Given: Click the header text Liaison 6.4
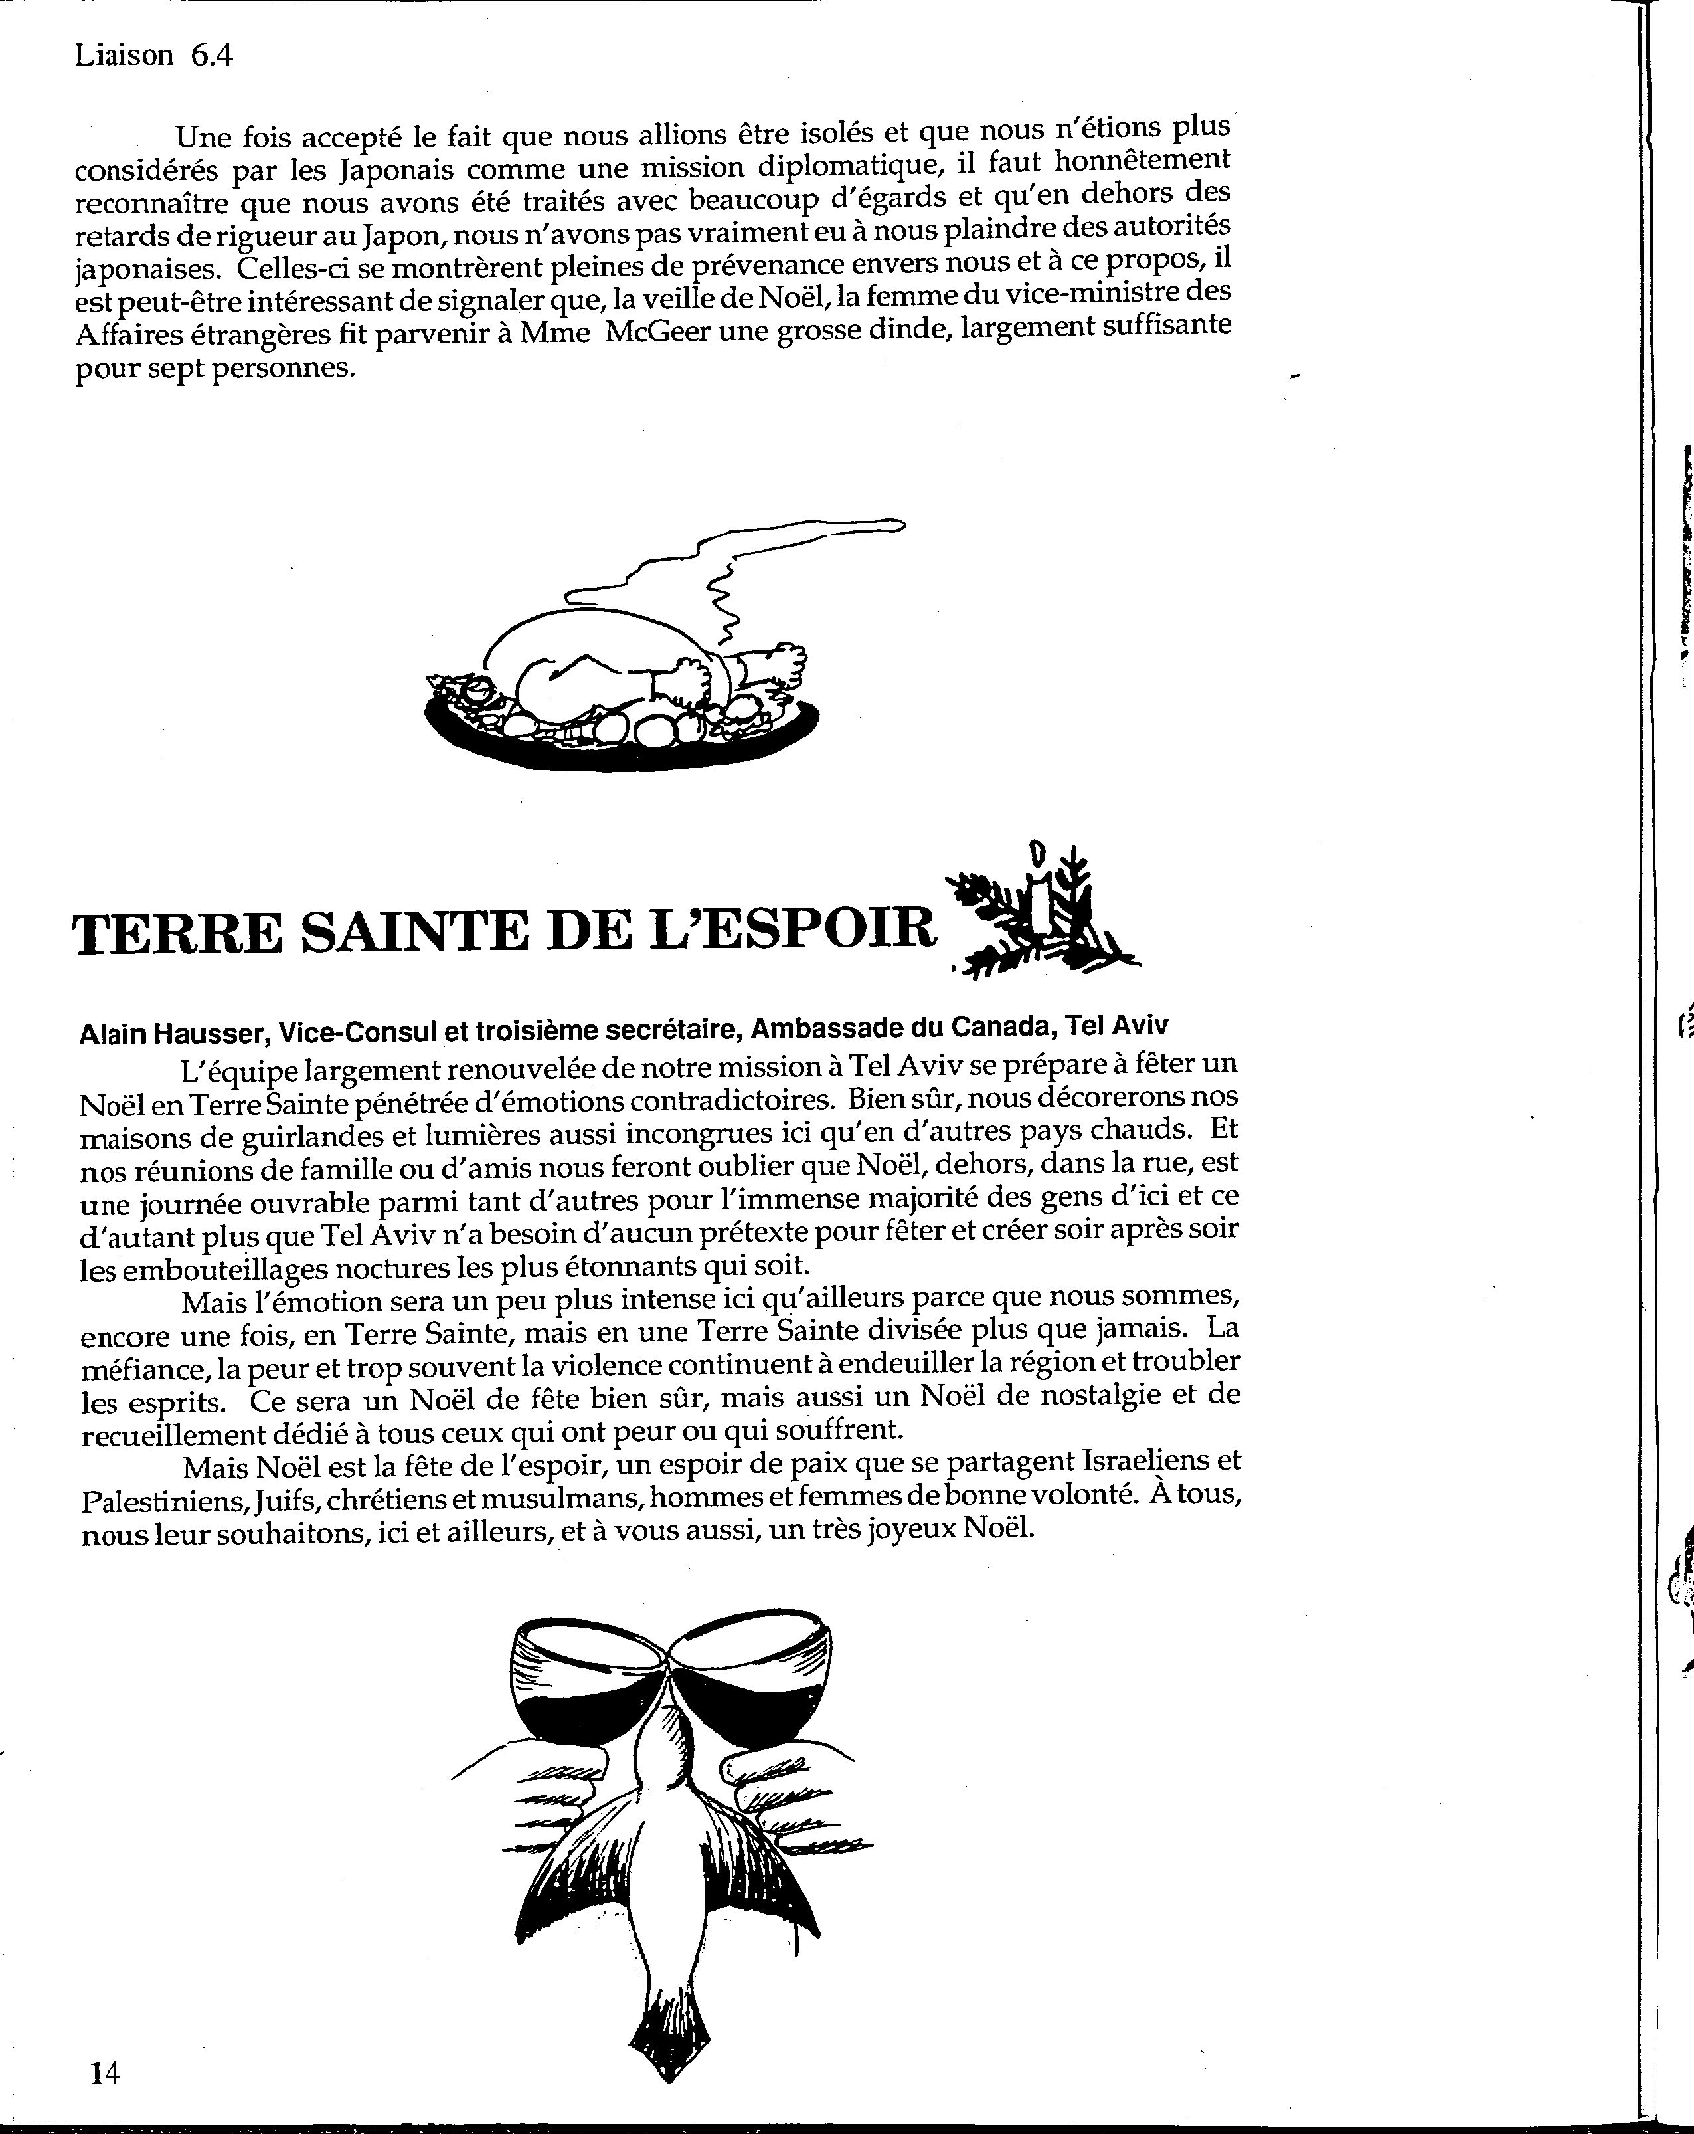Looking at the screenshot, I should pos(153,55).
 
